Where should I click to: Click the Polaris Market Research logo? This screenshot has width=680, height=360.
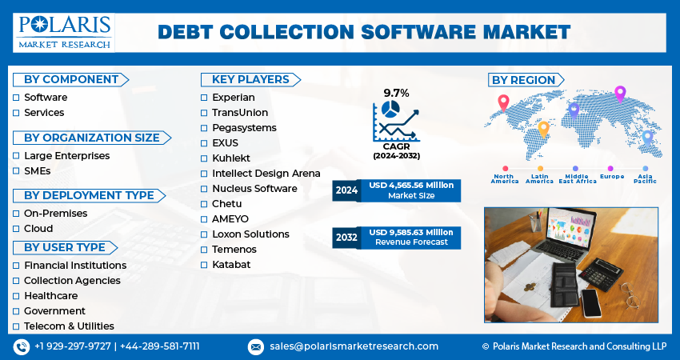coord(65,31)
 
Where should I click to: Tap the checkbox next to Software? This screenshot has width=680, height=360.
coord(16,98)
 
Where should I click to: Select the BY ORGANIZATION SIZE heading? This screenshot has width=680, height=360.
coord(90,138)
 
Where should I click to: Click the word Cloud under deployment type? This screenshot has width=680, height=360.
coord(38,229)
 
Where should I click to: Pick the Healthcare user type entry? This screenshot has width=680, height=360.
coord(50,296)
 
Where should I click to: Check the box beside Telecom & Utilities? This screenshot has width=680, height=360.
coord(16,326)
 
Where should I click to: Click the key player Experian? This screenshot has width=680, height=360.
coord(233,98)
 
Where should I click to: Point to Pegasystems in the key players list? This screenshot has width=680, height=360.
coord(244,128)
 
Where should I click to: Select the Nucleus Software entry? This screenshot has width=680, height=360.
coord(254,189)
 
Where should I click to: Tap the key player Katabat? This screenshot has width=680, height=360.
coord(230,265)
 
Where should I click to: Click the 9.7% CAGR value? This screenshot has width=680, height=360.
coord(396,93)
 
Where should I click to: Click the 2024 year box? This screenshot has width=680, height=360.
coord(347,190)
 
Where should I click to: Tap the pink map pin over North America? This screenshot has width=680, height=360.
coord(503,102)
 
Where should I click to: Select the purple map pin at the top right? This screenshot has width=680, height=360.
coord(619,94)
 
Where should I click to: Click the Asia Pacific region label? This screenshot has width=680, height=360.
coord(644,178)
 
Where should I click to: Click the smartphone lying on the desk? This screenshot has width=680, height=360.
coord(592,303)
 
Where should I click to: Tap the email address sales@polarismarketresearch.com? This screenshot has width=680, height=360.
coord(354,346)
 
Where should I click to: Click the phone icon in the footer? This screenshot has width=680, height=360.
coord(21,346)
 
